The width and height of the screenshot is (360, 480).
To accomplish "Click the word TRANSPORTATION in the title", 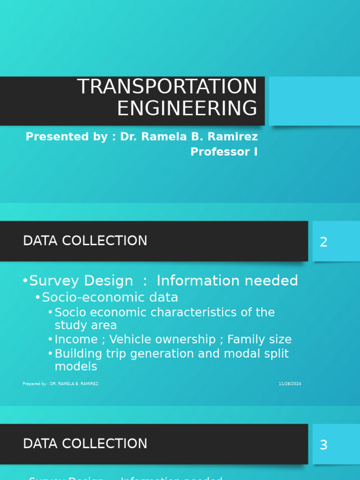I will coord(167,87).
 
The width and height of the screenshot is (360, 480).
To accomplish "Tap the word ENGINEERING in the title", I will coord(187,108).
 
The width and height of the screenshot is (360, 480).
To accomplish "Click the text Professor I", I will coord(224,152).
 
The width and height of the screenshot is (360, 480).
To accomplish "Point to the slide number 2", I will coord(323,242).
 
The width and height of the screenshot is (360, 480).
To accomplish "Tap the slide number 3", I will coord(323,445).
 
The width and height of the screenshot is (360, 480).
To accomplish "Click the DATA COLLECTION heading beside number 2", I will coord(85,241).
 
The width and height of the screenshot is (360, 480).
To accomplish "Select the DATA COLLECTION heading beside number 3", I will coord(85,444).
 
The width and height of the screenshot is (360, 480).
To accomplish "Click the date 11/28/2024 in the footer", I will coord(290,384).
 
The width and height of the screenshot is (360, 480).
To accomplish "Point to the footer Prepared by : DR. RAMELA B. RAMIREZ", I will coord(60,384).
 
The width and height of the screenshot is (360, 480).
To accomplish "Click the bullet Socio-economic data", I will coord(110,297).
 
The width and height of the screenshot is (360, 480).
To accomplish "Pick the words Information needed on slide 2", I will coord(227,281).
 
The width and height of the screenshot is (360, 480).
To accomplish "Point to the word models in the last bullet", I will coord(76,367).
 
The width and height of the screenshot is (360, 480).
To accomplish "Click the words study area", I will coord(86,325).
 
